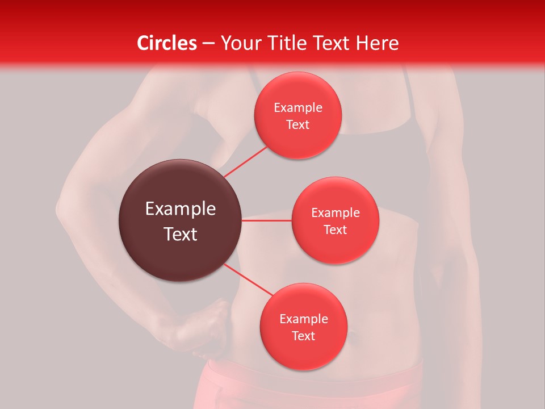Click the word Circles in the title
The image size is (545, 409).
pyautogui.click(x=167, y=43)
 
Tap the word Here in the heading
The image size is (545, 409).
pyautogui.click(x=377, y=43)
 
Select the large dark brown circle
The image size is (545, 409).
pyautogui.click(x=180, y=220)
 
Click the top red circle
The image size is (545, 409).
pyautogui.click(x=297, y=115)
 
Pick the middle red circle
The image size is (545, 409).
pyautogui.click(x=335, y=220)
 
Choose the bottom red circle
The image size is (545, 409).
pyautogui.click(x=303, y=327)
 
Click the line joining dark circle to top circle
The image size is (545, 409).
pyautogui.click(x=245, y=161)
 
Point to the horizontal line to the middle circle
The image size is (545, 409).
pyautogui.click(x=266, y=220)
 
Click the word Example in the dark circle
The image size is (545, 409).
pyautogui.click(x=180, y=209)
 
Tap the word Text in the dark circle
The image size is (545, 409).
pyautogui.click(x=180, y=234)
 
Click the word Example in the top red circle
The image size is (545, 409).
pyautogui.click(x=297, y=107)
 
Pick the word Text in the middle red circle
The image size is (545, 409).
pyautogui.click(x=335, y=229)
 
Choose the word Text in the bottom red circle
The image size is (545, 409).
pyautogui.click(x=303, y=336)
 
